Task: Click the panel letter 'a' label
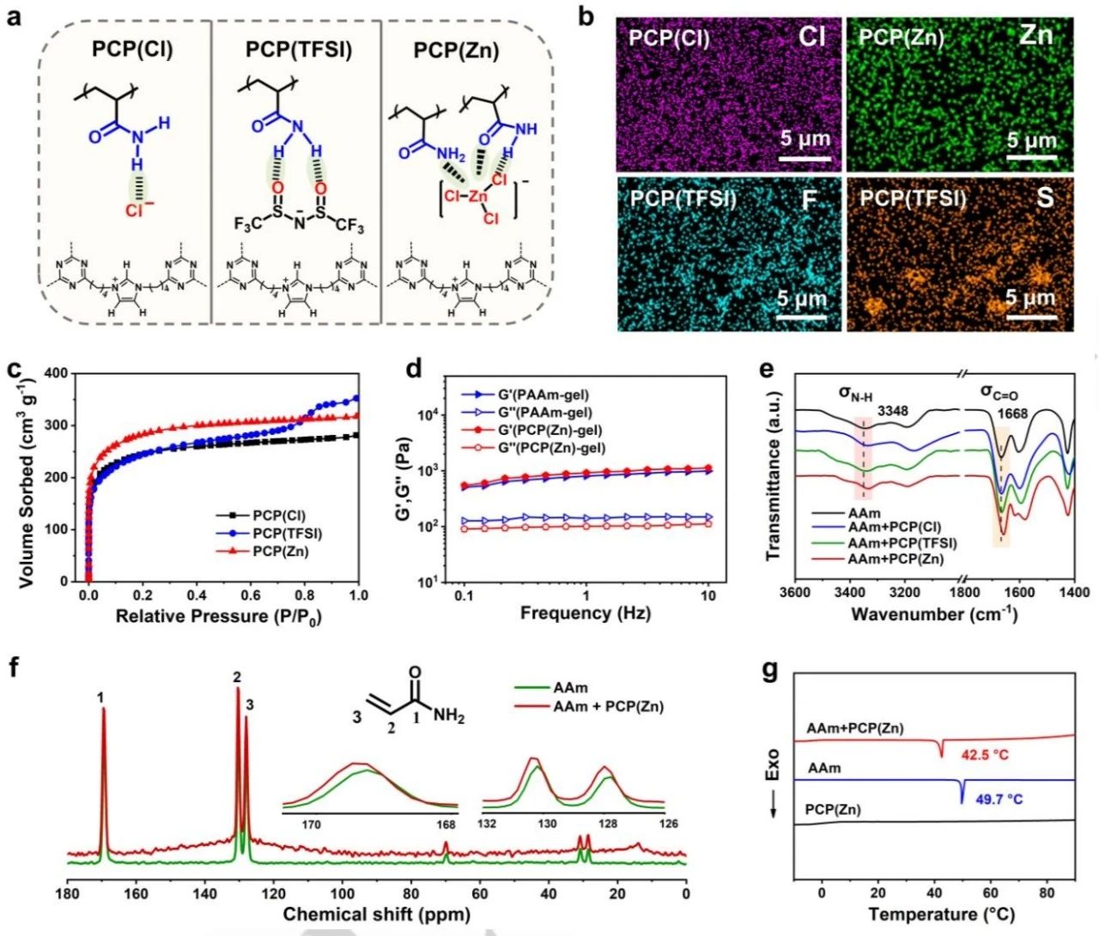coord(14,16)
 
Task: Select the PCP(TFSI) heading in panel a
coord(298,50)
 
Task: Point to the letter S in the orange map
coord(1044,198)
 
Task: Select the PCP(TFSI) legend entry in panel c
coord(287,534)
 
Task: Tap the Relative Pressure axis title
coord(218,616)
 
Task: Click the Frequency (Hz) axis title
coord(586,613)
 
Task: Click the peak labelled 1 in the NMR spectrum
coord(103,712)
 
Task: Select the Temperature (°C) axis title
coord(935,914)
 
